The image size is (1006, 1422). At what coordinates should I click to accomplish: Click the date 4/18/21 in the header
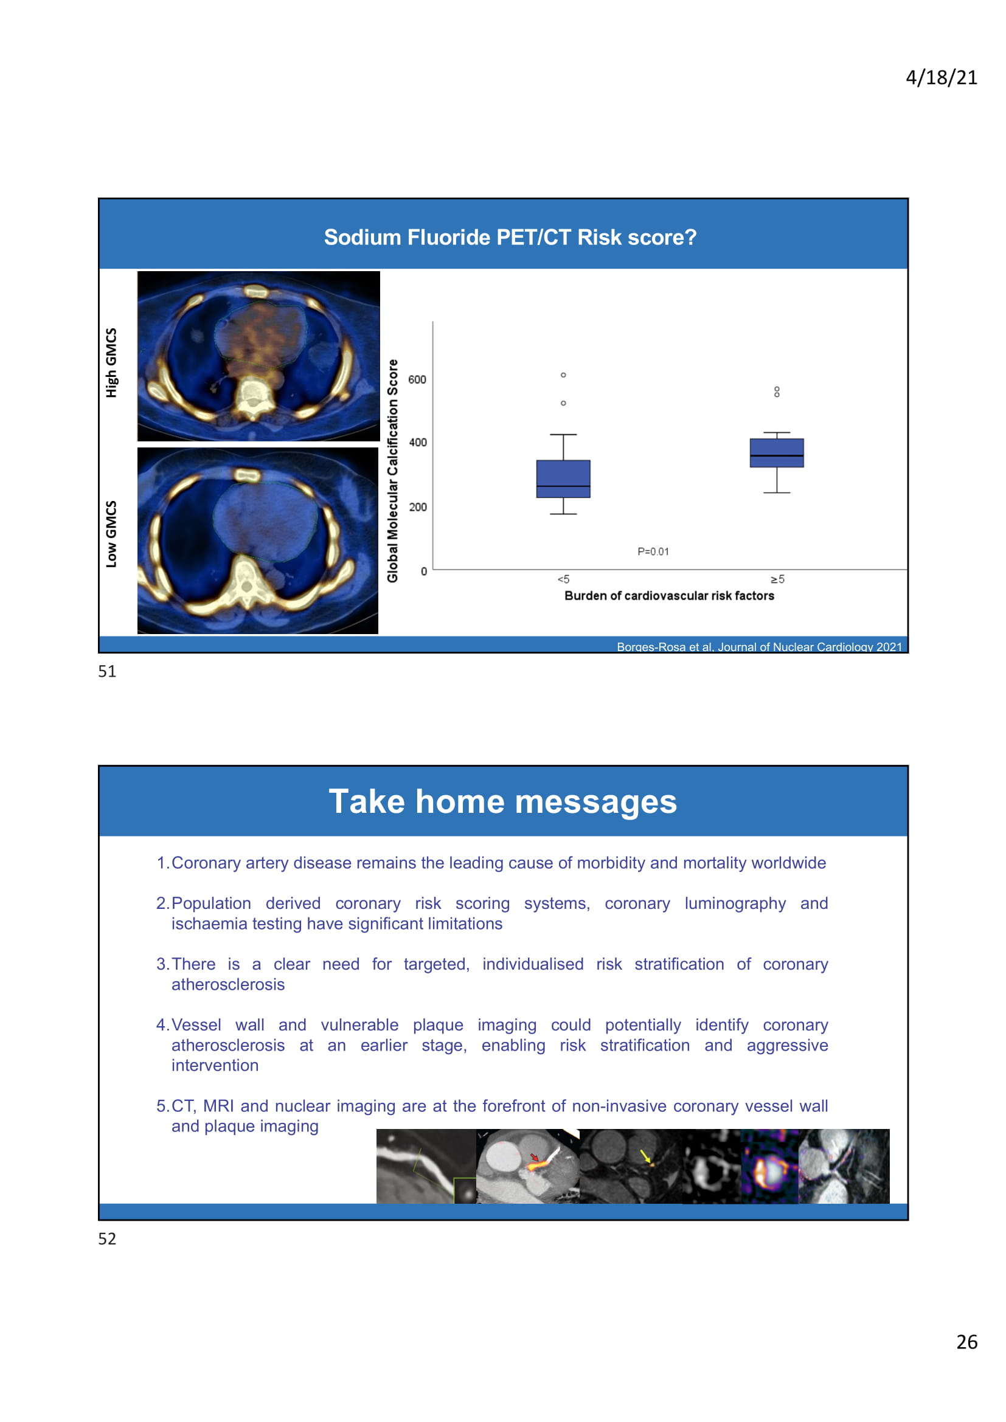coord(941,77)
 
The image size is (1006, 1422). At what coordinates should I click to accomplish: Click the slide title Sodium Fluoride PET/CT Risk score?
coord(510,237)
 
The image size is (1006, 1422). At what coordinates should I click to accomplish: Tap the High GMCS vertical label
coord(111,362)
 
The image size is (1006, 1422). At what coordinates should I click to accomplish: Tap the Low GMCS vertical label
coord(111,534)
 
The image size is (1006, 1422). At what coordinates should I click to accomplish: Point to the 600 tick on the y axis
coord(417,379)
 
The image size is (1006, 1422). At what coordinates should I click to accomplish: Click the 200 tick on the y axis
coord(417,506)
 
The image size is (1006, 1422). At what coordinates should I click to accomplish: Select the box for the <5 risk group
coord(563,478)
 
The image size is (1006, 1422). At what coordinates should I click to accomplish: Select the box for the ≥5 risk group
coord(776,453)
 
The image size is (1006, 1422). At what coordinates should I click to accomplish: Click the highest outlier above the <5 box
coord(563,374)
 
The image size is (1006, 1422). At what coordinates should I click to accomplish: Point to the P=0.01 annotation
coord(653,551)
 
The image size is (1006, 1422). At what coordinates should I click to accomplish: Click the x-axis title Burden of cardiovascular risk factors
coord(669,596)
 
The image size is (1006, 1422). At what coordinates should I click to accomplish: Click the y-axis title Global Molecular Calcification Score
coord(393,471)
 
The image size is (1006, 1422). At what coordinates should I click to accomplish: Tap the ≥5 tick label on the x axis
coord(777,579)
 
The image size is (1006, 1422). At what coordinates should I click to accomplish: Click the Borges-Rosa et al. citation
coord(759,647)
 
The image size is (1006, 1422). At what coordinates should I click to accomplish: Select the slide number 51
coord(107,671)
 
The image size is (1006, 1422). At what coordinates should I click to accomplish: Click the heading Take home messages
coord(502,801)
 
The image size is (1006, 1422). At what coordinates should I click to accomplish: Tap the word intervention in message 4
coord(215,1065)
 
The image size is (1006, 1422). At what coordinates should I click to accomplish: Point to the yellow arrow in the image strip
coord(645,1156)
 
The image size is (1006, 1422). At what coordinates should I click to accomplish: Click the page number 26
coord(966,1342)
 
